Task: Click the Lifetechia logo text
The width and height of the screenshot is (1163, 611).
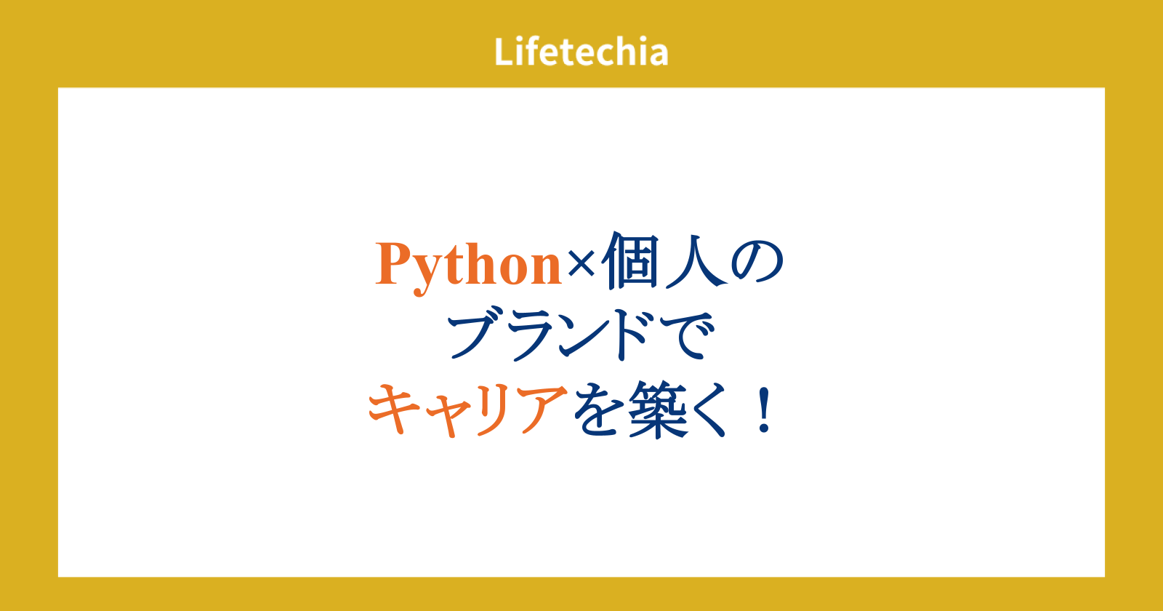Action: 581,52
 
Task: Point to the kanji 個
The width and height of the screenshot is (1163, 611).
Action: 629,261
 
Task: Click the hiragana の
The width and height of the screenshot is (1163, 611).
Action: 757,263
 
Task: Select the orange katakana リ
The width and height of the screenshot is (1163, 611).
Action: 497,410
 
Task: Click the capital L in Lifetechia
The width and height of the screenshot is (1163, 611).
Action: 504,52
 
